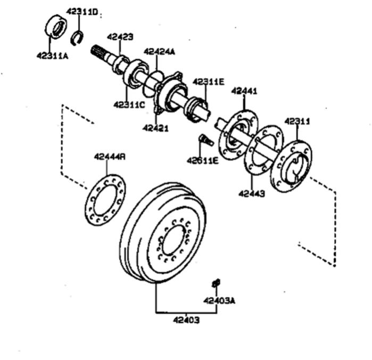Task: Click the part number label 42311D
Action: coord(81,11)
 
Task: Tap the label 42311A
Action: coord(52,56)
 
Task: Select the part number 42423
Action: coord(120,37)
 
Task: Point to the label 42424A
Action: coord(159,52)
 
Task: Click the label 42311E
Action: coord(208,81)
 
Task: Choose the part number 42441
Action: coord(244,91)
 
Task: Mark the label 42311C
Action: coord(129,104)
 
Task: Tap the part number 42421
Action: coord(155,128)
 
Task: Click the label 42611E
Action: coord(202,161)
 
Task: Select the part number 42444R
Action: coord(110,157)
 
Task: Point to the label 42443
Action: coord(252,194)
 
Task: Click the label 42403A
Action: coord(219,301)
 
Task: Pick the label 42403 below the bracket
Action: coord(186,320)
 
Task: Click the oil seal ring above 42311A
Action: coord(56,27)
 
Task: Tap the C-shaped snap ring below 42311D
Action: coord(77,38)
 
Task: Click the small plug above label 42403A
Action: coord(216,283)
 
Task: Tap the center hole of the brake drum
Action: coord(173,240)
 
